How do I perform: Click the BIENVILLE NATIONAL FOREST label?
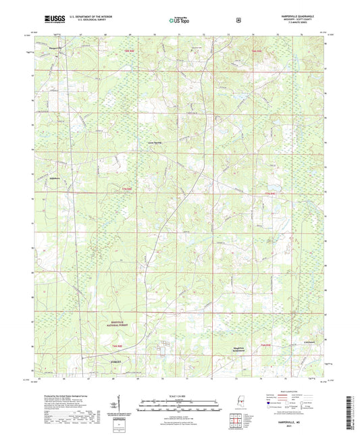[x=103, y=324]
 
